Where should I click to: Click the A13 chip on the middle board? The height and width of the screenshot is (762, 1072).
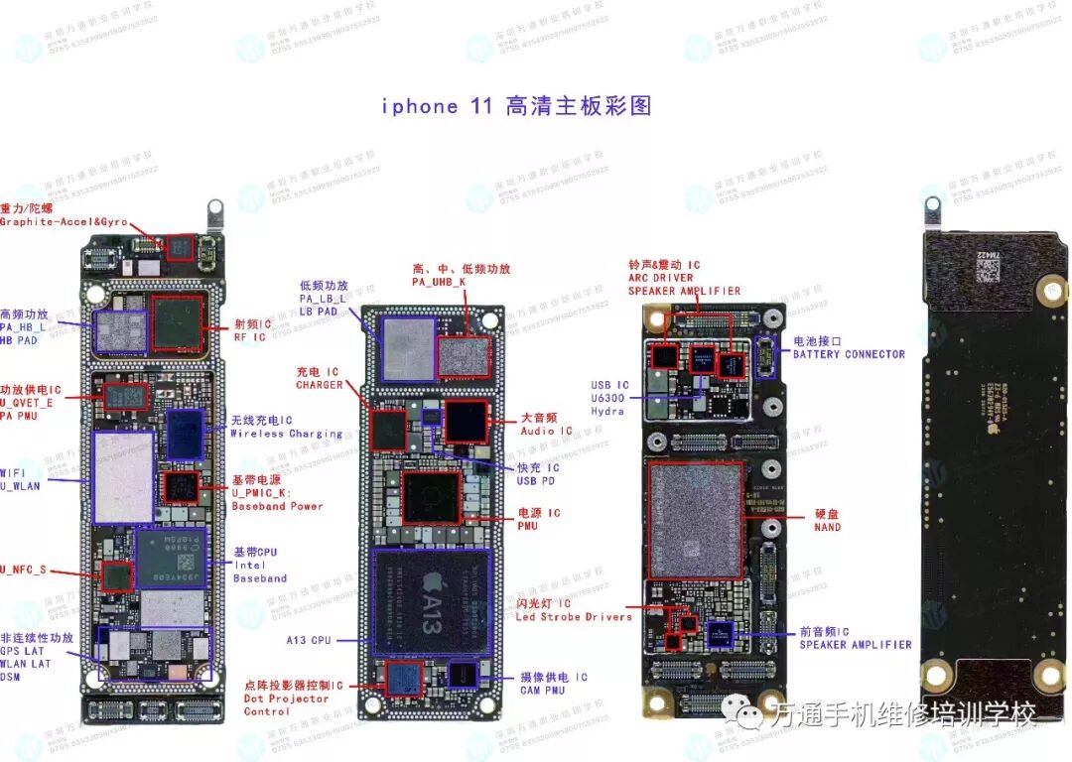(x=432, y=601)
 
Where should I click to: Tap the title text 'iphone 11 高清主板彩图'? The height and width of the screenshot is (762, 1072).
(x=516, y=106)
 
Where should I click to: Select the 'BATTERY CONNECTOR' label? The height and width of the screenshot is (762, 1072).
(x=849, y=354)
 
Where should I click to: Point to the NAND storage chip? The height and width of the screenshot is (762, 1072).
(x=696, y=520)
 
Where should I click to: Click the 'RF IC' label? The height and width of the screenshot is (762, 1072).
(x=250, y=337)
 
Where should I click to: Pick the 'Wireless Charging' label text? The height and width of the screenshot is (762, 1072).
(x=286, y=434)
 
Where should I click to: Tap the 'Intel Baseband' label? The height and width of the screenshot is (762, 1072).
(x=260, y=571)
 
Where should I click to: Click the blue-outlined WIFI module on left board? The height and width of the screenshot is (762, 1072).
(x=122, y=476)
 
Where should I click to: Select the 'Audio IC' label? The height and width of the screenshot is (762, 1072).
(x=547, y=432)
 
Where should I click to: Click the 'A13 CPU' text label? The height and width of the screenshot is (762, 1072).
(x=309, y=640)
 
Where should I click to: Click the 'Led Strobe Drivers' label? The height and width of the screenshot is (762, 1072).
(x=574, y=617)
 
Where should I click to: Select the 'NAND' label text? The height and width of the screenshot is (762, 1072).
(x=827, y=527)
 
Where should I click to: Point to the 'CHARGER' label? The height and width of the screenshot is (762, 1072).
(x=319, y=385)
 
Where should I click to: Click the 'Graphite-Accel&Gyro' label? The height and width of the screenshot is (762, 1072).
(x=64, y=222)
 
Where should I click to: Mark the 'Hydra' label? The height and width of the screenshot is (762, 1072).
(x=607, y=411)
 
